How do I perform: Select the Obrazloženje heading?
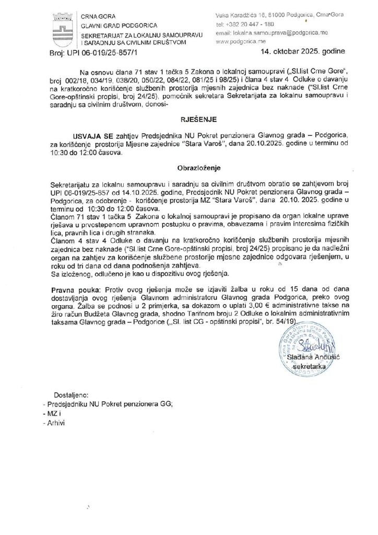coord(188,169)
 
